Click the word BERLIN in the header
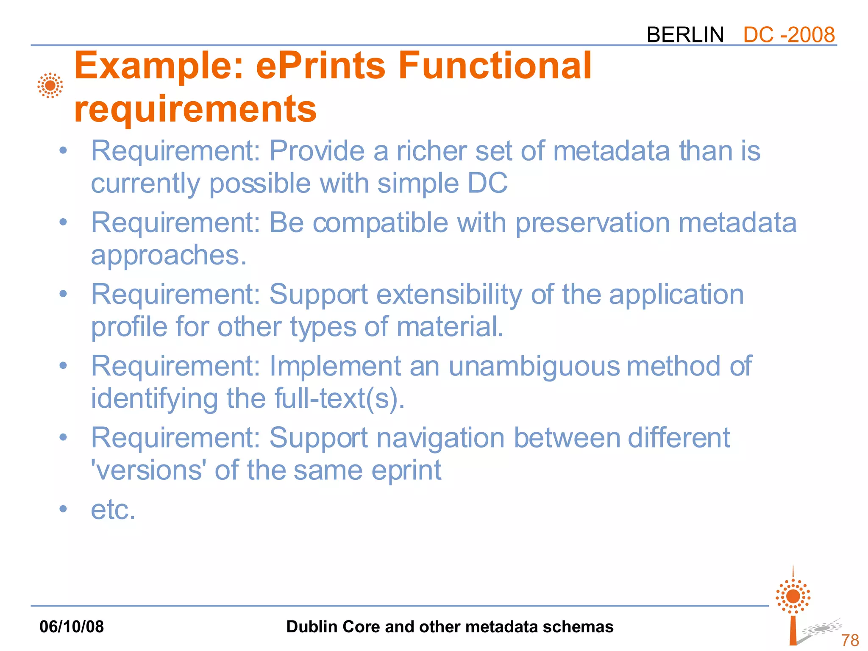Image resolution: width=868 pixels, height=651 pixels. point(685,35)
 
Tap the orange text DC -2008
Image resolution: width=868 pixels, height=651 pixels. point(789,35)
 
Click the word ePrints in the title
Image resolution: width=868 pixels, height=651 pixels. point(321,66)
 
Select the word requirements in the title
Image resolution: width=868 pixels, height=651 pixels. point(195,109)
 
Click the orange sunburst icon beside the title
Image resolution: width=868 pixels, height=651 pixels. point(50,86)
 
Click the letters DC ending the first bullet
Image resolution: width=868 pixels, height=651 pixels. point(487,184)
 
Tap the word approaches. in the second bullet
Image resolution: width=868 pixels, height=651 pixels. point(169,255)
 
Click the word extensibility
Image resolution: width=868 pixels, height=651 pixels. point(449,295)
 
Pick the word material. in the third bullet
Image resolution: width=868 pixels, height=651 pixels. point(450,327)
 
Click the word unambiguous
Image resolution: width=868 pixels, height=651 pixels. point(534,366)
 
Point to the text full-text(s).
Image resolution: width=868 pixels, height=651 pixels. point(339,399)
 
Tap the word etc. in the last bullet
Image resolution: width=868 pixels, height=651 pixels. point(113,509)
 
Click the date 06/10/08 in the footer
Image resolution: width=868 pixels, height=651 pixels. point(72,627)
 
